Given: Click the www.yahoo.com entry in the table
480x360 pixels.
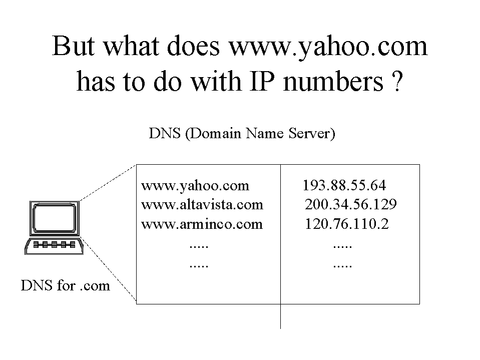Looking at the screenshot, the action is point(195,186).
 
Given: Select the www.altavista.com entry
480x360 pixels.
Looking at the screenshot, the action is point(202,204).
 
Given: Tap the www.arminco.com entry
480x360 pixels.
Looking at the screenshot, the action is point(202,224).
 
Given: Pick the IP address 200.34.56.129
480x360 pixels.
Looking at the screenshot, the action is point(351,204).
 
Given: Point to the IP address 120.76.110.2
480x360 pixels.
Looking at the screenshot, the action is point(347,224).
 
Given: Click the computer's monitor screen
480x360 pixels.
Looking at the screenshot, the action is point(55,218).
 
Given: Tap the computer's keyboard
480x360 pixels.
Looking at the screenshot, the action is point(54,245).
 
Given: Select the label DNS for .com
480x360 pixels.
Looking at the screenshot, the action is point(65,285).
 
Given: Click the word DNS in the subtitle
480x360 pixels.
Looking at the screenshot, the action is point(165,134).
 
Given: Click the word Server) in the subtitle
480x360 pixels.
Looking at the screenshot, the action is point(312,134).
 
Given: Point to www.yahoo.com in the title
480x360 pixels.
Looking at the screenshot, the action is point(328,47).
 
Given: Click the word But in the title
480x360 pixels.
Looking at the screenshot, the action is point(74,46).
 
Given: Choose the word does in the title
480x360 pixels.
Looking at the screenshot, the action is point(193,46).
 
